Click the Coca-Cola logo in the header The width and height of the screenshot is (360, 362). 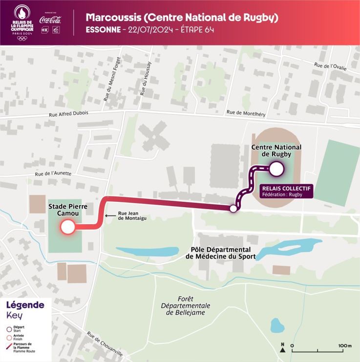point(50,20)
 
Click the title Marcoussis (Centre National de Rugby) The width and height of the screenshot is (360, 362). point(182,18)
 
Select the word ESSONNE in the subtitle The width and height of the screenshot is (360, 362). point(103,30)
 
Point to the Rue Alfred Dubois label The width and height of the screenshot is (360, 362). point(68,113)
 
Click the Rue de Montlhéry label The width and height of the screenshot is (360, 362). point(246,113)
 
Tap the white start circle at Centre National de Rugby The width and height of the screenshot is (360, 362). point(276,169)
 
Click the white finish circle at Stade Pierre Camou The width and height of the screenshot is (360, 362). point(67,227)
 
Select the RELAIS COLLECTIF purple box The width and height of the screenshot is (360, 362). point(285,190)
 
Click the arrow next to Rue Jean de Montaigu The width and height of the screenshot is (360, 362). point(111,215)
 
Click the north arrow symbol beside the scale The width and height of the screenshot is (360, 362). point(282,347)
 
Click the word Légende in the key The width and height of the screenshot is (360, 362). point(25,305)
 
